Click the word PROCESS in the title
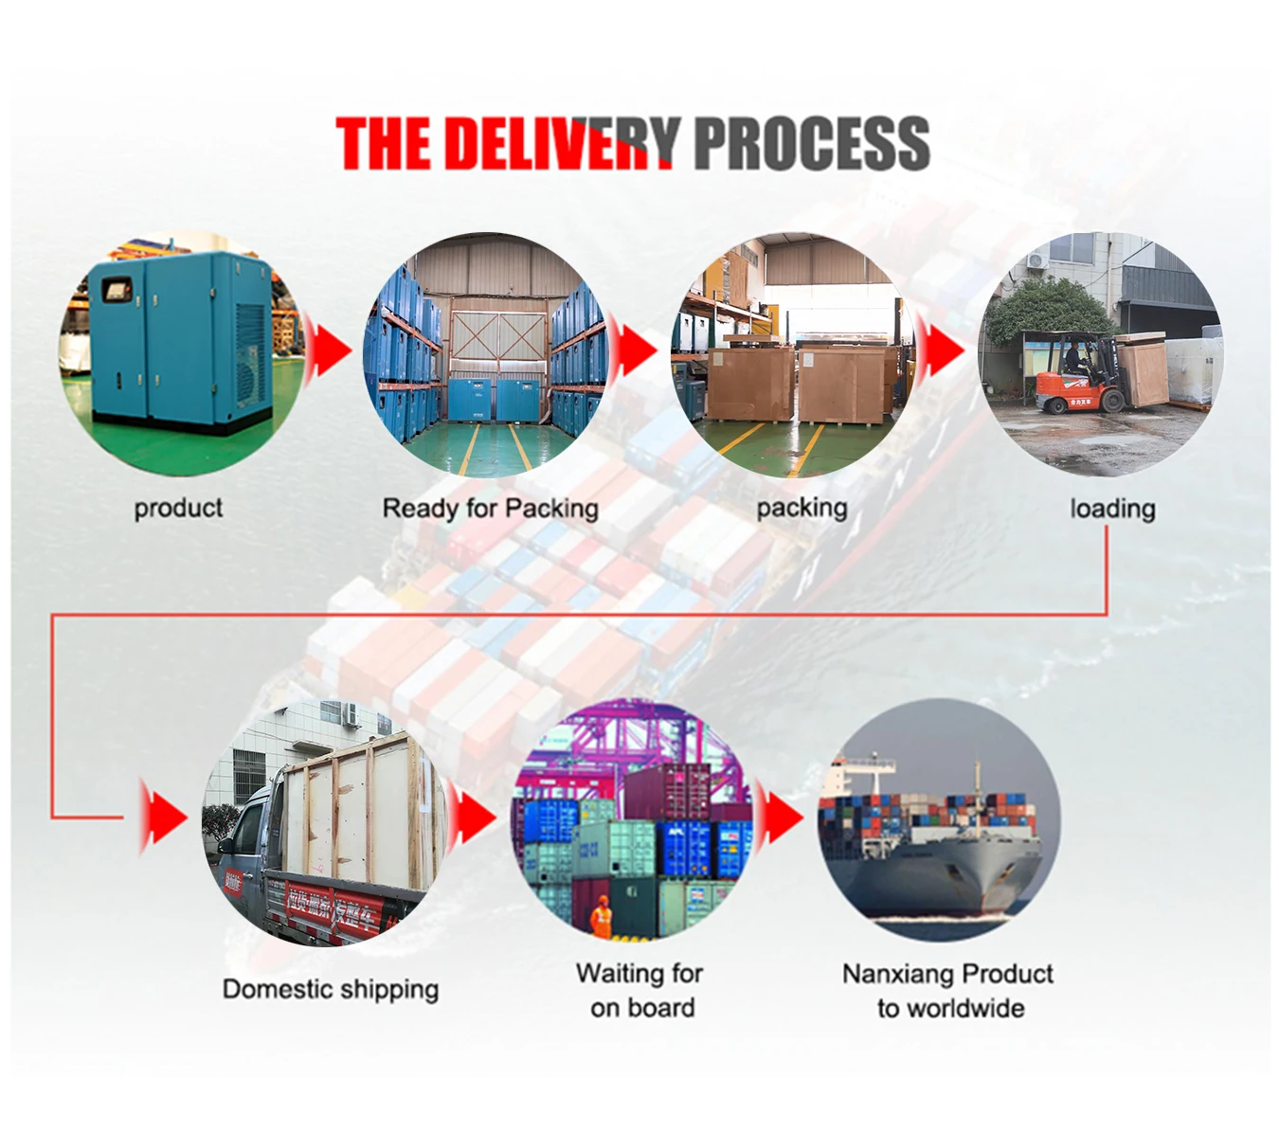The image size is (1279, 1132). [811, 144]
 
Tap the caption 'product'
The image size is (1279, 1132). [178, 509]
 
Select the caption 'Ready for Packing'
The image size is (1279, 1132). [490, 509]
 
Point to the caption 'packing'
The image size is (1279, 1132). [802, 509]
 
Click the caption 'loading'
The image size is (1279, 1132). [1112, 510]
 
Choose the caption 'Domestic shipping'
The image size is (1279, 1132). [330, 990]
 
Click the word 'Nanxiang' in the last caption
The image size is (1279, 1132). [899, 974]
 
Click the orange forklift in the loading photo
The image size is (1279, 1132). [1075, 378]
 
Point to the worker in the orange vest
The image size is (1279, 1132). [601, 919]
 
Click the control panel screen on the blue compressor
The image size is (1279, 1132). [117, 290]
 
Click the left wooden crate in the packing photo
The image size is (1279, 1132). [750, 383]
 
